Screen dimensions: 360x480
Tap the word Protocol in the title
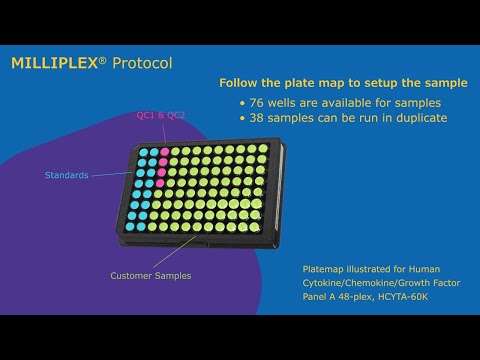tap(142, 63)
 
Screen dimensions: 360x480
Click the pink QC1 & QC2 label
tap(160, 115)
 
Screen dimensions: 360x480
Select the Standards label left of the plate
tap(67, 175)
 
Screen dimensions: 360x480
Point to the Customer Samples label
tap(151, 275)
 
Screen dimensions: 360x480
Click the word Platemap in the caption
tap(325, 269)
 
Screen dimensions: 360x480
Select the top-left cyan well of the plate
tap(141, 152)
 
